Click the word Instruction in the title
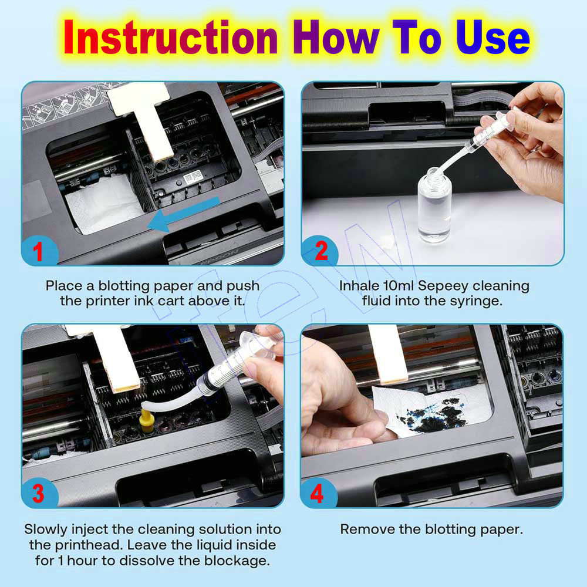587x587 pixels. coord(170,38)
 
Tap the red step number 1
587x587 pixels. coord(38,252)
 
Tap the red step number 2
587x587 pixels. coord(321,252)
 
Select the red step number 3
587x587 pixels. coord(38,494)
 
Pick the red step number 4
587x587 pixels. coord(317,494)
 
